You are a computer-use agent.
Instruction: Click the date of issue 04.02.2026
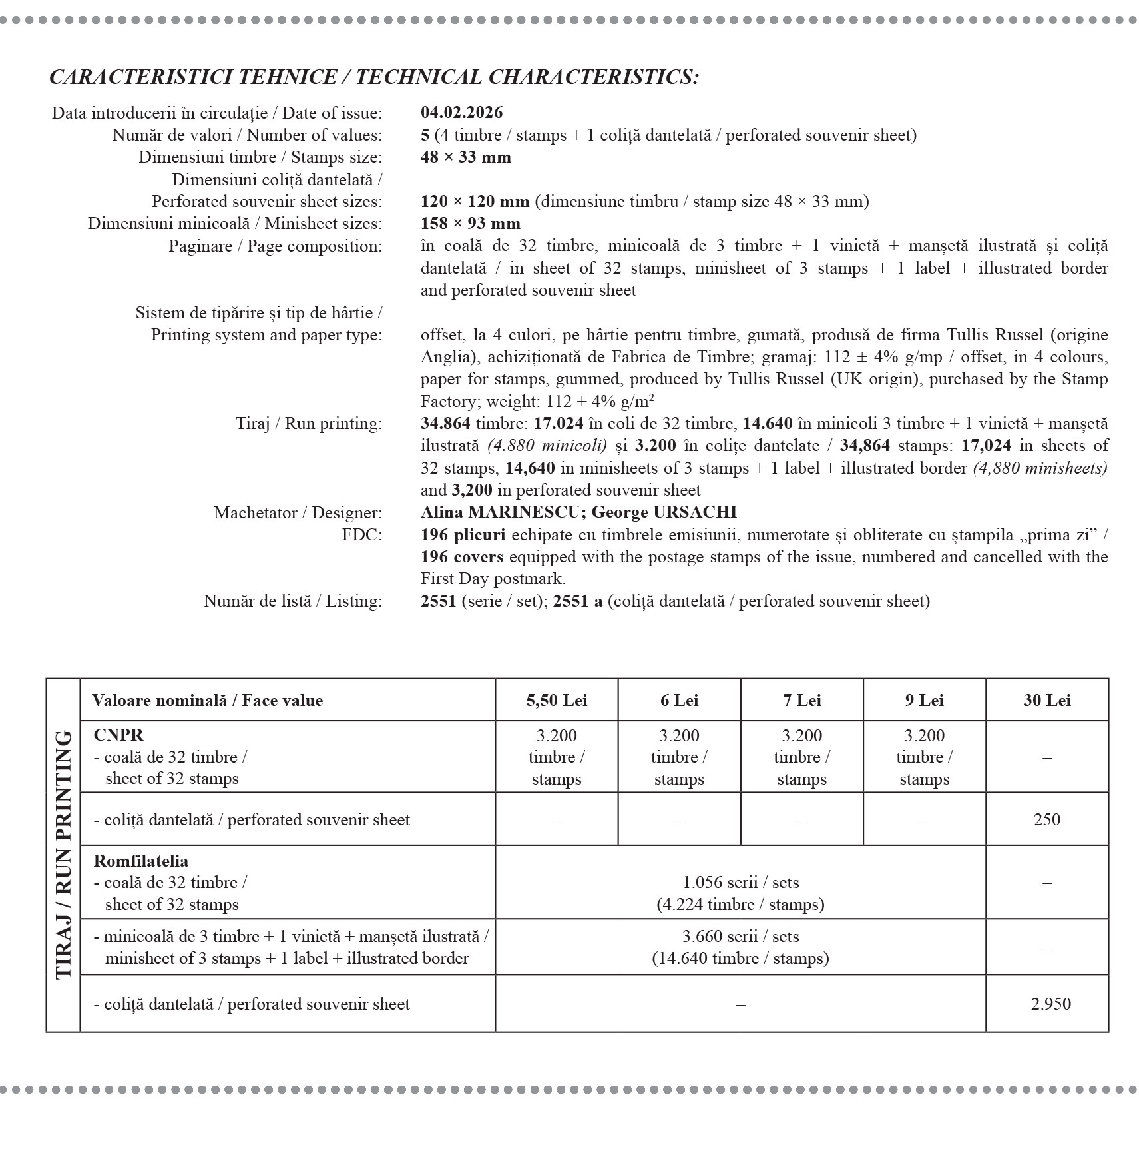click(x=461, y=113)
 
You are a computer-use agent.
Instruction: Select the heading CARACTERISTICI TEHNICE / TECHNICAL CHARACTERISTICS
click(x=374, y=77)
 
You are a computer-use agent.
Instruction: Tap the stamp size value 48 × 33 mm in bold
click(x=466, y=157)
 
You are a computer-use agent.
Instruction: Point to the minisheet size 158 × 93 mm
click(x=471, y=224)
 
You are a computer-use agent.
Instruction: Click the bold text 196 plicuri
click(x=463, y=534)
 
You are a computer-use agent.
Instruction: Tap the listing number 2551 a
click(x=577, y=601)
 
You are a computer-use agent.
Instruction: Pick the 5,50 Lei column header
click(x=557, y=701)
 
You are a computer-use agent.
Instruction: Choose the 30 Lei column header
click(x=1046, y=701)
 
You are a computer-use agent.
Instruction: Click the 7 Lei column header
click(x=801, y=701)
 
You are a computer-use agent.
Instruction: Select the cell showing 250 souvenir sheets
click(x=1046, y=819)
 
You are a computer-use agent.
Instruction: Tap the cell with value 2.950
click(x=1050, y=1004)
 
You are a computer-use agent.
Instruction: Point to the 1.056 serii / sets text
click(x=740, y=883)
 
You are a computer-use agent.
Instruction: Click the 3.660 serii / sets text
click(x=740, y=937)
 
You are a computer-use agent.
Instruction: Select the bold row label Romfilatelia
click(x=140, y=861)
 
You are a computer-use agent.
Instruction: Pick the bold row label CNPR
click(x=118, y=735)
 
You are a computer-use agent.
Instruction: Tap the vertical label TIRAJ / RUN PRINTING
click(x=63, y=855)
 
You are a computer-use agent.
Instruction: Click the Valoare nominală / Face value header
click(x=207, y=701)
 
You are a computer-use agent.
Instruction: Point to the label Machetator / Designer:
click(x=298, y=513)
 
